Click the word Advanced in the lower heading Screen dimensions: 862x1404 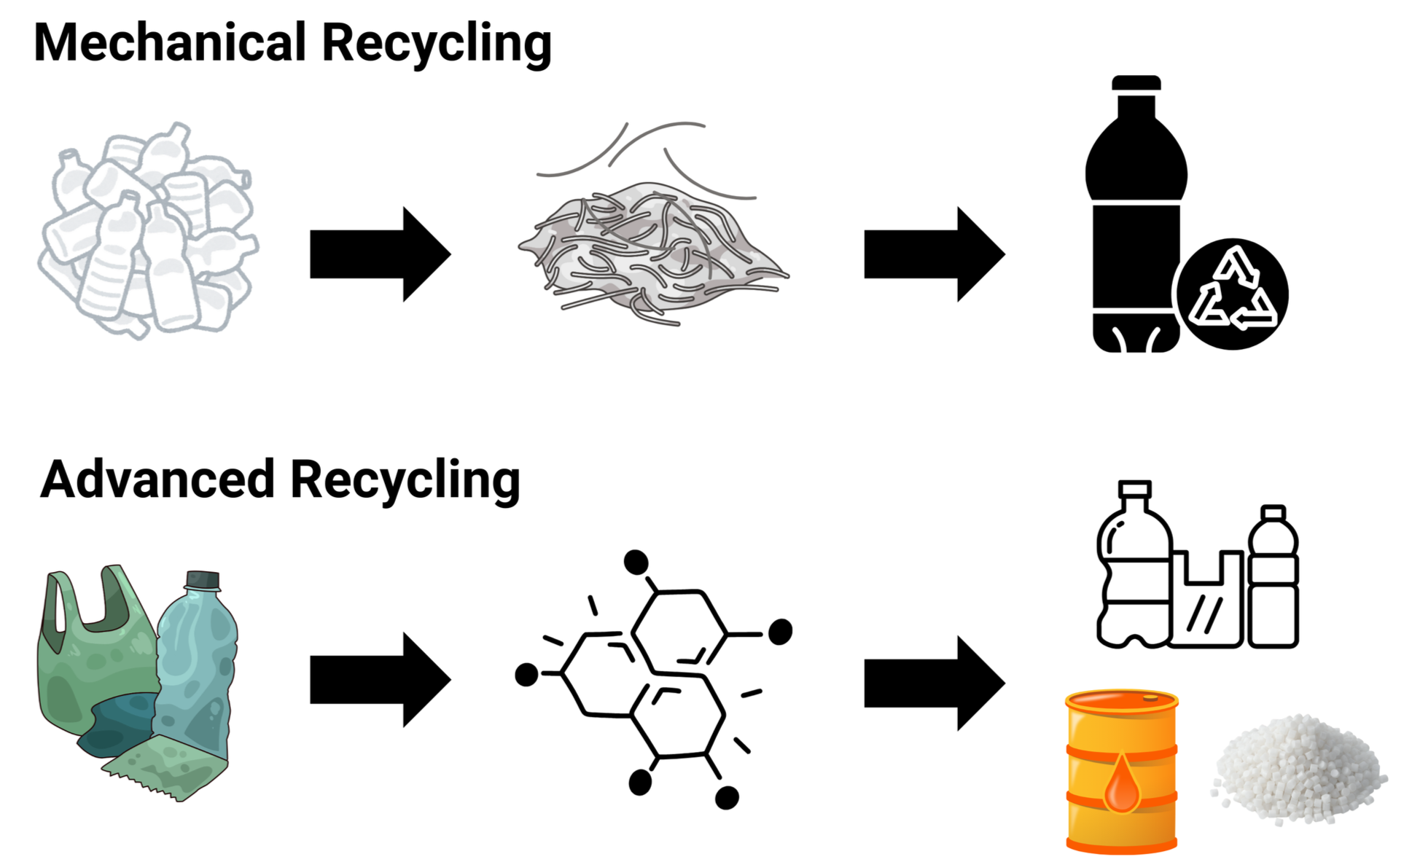[x=157, y=479]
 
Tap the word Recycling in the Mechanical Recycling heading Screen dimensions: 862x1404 [x=436, y=44]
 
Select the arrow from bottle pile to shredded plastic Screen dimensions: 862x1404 [x=379, y=254]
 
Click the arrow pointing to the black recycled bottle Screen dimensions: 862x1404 [x=933, y=254]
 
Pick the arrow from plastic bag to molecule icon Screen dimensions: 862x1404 [x=379, y=679]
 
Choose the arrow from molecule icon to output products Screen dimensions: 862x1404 [x=933, y=683]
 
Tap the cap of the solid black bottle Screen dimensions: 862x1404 [x=1136, y=82]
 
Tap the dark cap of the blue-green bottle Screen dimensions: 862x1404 [x=203, y=580]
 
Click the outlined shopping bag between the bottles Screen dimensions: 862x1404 [x=1206, y=605]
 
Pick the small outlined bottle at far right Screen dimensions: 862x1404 [x=1273, y=579]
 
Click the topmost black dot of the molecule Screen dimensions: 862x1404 [x=636, y=562]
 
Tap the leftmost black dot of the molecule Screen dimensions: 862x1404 [x=526, y=675]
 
